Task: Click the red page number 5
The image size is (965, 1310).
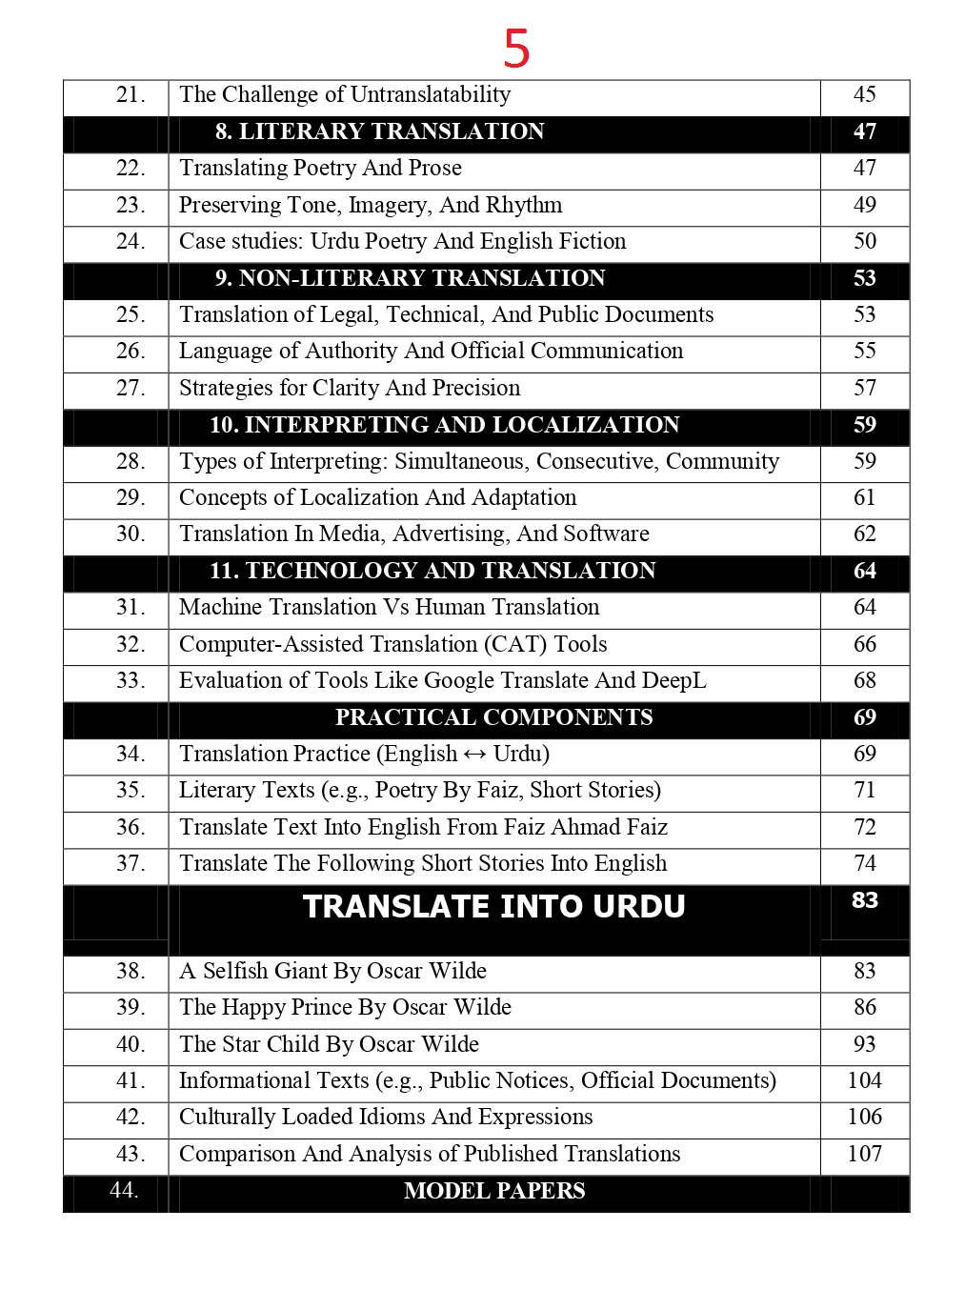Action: [515, 49]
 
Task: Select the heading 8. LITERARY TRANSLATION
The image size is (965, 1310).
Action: [379, 131]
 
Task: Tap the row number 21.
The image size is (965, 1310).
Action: [131, 94]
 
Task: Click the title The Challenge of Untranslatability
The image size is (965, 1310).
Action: [345, 94]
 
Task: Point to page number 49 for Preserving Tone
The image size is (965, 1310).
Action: [864, 205]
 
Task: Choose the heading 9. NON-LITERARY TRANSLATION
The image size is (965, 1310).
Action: [410, 278]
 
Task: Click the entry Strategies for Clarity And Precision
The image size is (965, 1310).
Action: [350, 388]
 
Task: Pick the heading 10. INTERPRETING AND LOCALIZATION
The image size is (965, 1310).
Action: [444, 425]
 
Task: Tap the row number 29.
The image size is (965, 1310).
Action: [131, 497]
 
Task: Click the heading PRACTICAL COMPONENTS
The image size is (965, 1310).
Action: [493, 717]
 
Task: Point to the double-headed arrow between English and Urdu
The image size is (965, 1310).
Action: [474, 755]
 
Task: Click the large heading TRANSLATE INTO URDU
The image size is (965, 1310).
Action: [493, 906]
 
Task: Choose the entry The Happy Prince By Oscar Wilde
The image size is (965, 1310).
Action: [345, 1007]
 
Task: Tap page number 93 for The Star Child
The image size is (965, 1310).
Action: [864, 1044]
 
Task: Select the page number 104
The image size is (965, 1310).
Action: [864, 1080]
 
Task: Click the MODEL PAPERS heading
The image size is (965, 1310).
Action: [493, 1191]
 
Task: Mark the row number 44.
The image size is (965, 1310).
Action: [124, 1190]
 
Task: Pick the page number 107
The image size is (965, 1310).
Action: [864, 1154]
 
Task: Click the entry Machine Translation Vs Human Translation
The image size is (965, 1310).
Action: [389, 607]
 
